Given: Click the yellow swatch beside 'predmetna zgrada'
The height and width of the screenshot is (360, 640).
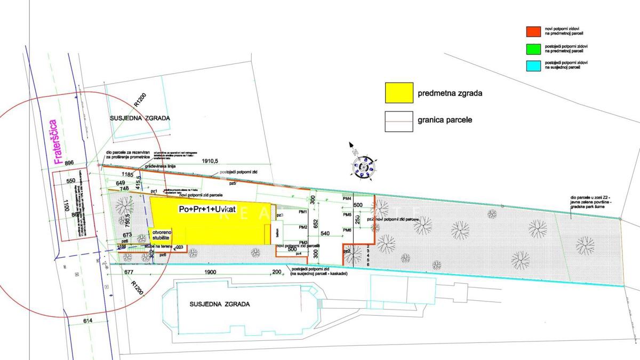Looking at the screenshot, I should coord(399,93).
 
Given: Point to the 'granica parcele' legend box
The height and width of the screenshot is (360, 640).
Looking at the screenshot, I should coord(399,121).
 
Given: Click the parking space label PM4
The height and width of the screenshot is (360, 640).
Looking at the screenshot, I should coord(347,199).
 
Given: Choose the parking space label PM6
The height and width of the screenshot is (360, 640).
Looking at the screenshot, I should coord(347,230).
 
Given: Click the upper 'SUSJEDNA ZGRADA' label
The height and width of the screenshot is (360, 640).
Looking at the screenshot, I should coord(140,118).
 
